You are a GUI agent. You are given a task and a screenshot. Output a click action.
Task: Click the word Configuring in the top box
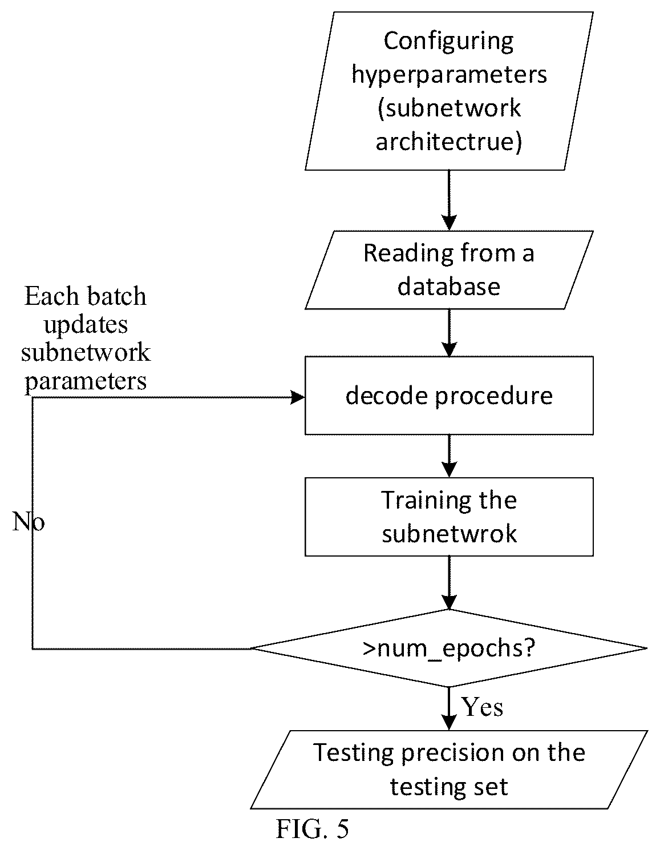448,42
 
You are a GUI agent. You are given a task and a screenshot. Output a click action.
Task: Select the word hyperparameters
449,75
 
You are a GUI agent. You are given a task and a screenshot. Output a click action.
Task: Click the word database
448,286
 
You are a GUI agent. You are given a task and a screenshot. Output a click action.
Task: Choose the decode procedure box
449,396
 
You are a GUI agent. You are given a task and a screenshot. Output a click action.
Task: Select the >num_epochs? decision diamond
448,648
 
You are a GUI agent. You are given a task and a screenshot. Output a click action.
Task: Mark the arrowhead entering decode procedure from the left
298,398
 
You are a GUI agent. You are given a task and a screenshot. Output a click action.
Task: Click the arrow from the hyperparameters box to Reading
449,200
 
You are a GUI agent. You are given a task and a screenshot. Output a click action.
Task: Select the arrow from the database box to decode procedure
449,332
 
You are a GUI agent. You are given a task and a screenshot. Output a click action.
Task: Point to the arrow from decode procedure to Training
449,456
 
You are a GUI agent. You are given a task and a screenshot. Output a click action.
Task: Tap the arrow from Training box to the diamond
449,583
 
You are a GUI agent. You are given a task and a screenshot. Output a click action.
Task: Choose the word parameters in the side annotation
86,381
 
